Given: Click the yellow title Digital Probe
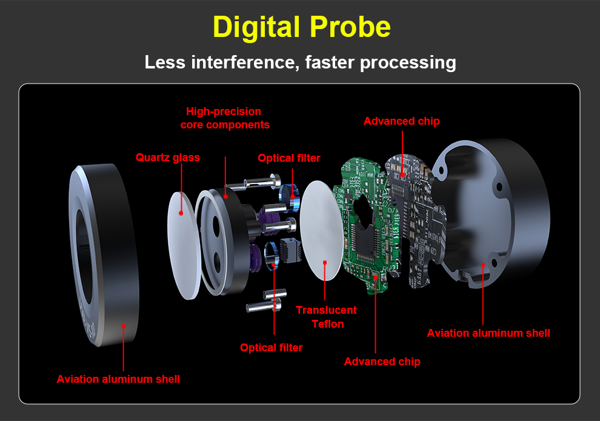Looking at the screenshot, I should pos(301,27).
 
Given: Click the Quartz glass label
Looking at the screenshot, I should pos(167,157).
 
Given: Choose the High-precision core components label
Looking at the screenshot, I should pos(225,118).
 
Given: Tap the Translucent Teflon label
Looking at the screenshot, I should pos(326,317).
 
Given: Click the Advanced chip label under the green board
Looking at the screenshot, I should pos(382,362).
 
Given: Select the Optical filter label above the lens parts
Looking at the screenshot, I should pos(288,158).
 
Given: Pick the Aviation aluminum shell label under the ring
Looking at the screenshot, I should pos(118,379).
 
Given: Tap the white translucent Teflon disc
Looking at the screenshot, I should pos(322,236).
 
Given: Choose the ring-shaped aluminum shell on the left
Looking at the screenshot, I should pos(103,254).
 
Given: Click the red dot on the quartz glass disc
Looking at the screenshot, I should pos(181,213).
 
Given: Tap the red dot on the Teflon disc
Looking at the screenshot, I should pos(325,262).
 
